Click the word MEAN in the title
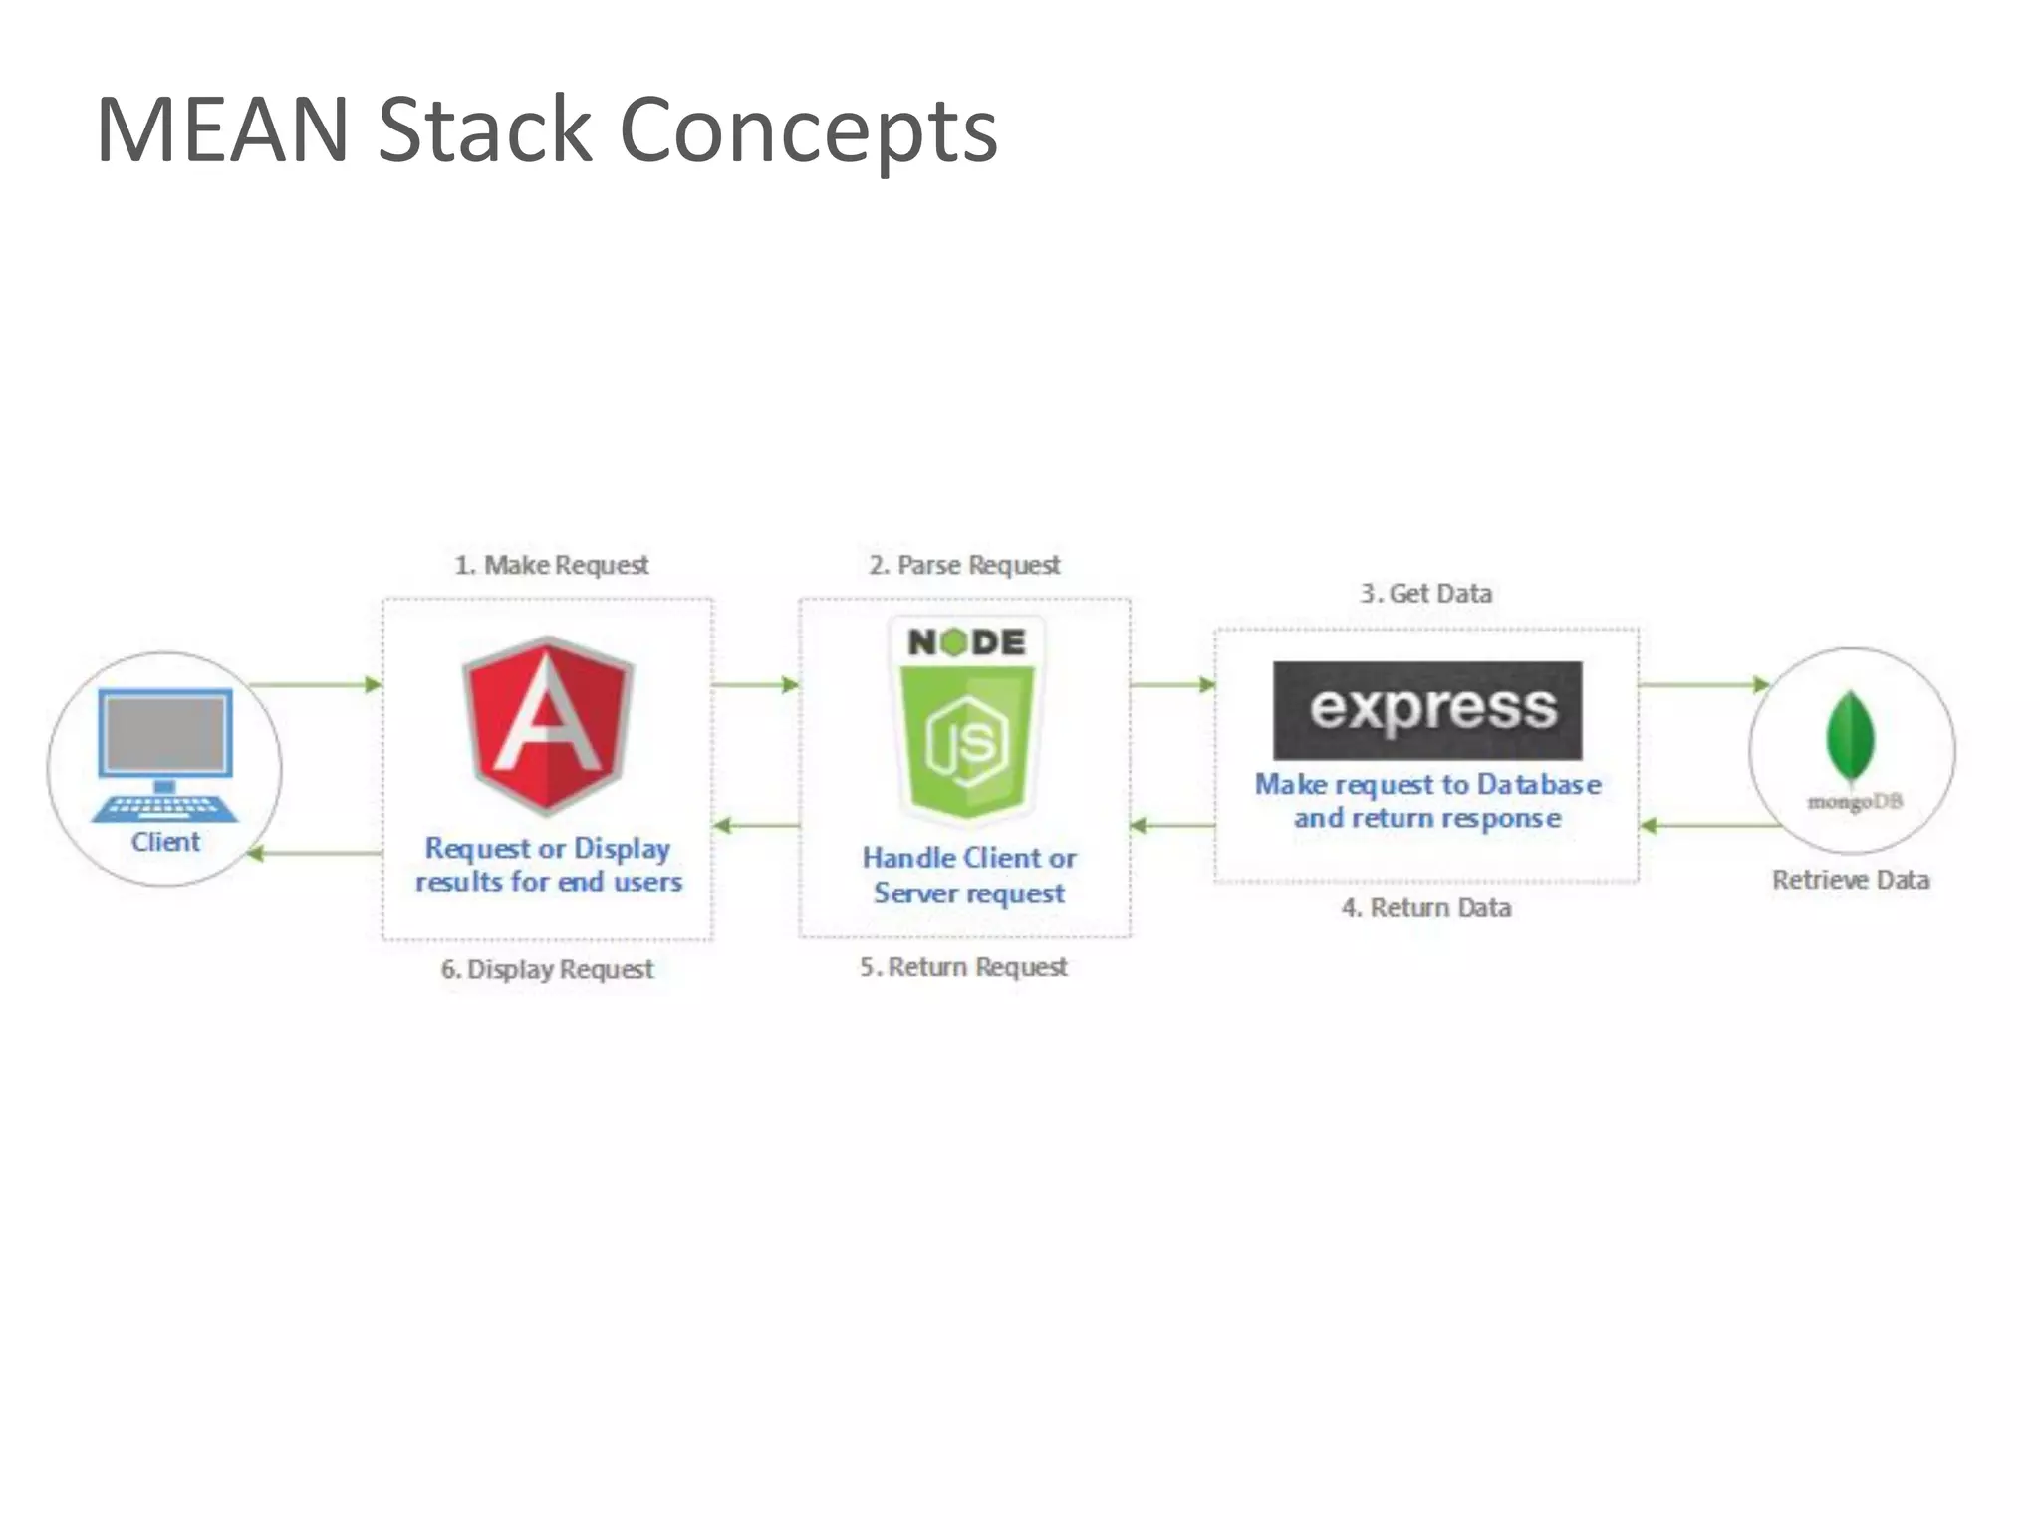(x=222, y=129)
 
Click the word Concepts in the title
(x=808, y=131)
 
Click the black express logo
(x=1427, y=710)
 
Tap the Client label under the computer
(x=165, y=842)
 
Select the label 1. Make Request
(x=551, y=565)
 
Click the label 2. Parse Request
(x=964, y=565)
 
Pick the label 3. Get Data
(x=1426, y=594)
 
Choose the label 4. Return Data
(x=1426, y=907)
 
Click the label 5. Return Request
(x=963, y=967)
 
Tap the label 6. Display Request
(x=548, y=969)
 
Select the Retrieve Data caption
(x=1851, y=880)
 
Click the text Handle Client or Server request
(x=968, y=875)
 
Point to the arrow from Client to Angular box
(x=315, y=684)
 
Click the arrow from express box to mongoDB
(x=1702, y=684)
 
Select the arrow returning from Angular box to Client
(x=315, y=853)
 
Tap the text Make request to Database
(x=1427, y=785)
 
